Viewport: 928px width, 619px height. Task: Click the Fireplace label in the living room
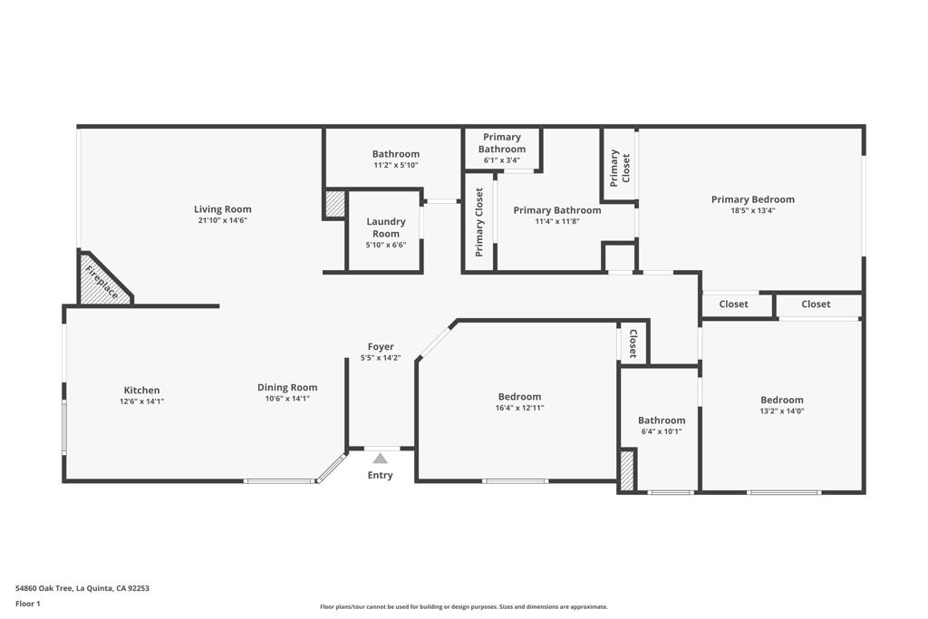[101, 281]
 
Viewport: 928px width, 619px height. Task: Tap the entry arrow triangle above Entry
[380, 459]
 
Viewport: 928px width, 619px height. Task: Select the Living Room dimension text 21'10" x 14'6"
[222, 220]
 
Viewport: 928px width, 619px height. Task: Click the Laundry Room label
[386, 227]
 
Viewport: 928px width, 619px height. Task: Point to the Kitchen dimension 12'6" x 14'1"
[141, 401]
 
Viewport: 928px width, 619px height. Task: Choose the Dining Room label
[287, 387]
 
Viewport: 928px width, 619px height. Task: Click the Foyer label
[381, 346]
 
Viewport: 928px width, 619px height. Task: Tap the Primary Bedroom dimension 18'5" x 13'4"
[752, 210]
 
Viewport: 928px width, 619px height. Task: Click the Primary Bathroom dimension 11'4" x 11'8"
[556, 221]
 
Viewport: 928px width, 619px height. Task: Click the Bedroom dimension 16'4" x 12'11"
[519, 408]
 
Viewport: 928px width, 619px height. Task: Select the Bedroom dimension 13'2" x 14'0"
[781, 411]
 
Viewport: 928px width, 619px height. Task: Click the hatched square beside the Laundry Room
[335, 204]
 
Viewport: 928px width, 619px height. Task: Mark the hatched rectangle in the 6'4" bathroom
[626, 470]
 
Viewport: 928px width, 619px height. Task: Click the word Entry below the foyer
[380, 475]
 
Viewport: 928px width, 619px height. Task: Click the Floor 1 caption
[29, 604]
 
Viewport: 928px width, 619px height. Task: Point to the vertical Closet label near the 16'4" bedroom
[633, 344]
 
